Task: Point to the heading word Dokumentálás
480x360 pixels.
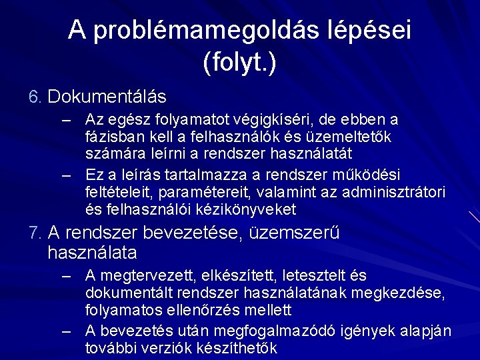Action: tap(107, 97)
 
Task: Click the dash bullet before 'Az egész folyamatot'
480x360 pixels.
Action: tap(65, 121)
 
